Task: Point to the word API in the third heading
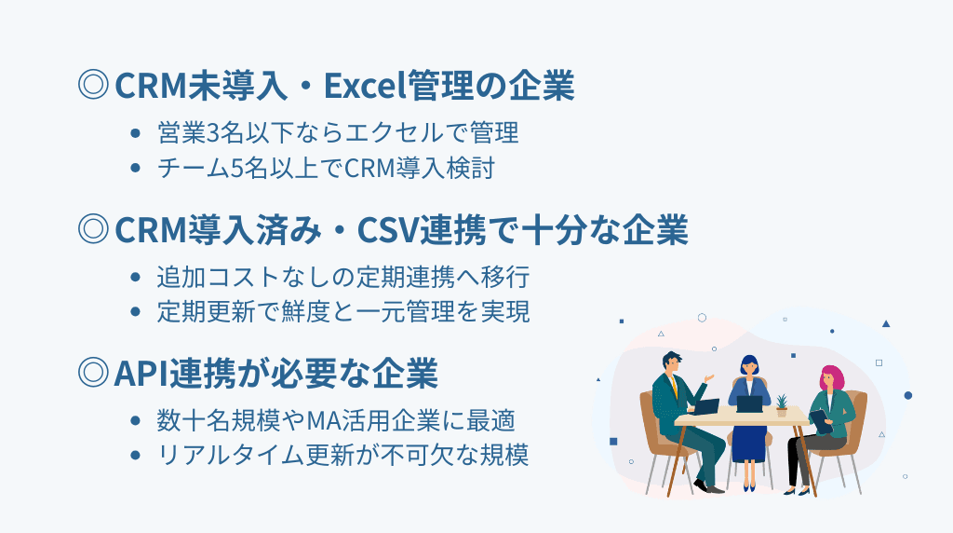coord(139,374)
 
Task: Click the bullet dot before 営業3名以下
coord(137,133)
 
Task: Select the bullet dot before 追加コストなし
coord(137,278)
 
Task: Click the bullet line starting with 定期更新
coord(343,312)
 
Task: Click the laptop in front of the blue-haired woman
coord(749,403)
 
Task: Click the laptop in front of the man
coord(705,407)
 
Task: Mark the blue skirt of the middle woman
coord(748,443)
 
